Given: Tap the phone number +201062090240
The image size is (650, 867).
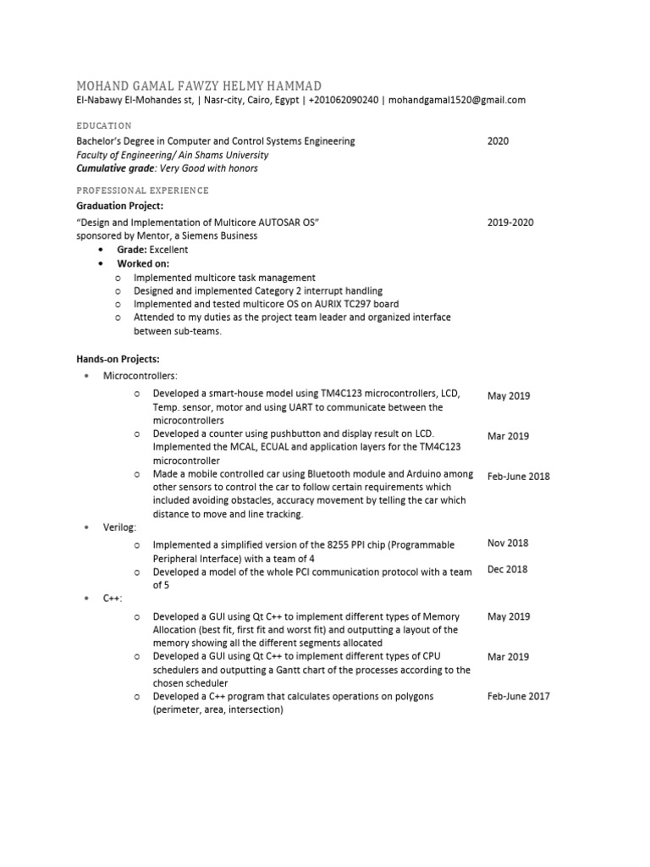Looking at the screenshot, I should [x=344, y=100].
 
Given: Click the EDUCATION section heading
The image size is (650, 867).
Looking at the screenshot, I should [x=103, y=125].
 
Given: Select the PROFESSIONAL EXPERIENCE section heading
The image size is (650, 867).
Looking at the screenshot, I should [x=142, y=191].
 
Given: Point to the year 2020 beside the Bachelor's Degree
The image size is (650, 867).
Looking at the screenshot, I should [x=498, y=141].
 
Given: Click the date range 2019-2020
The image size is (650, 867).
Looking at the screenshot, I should [x=510, y=223].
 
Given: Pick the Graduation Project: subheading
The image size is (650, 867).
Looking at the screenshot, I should [x=119, y=206].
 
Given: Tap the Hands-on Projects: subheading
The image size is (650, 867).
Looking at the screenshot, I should [x=118, y=360].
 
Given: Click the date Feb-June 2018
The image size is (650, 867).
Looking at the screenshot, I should [x=518, y=477].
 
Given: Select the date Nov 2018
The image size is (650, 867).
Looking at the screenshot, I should [x=508, y=544].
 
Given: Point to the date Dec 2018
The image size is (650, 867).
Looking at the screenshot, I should [x=508, y=570].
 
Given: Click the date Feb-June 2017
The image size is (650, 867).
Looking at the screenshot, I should [x=518, y=697].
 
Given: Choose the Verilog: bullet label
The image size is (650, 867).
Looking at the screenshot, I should [x=120, y=527].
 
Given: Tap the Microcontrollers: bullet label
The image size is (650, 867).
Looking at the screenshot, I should [x=140, y=375].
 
